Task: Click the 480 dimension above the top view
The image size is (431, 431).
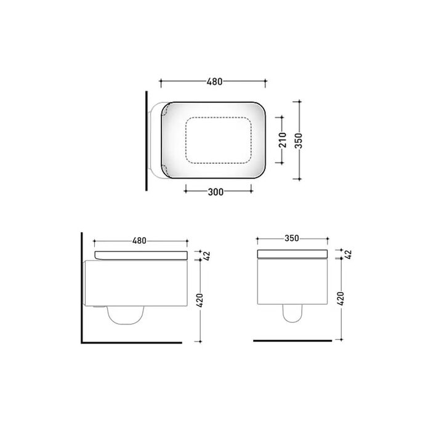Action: pos(214,82)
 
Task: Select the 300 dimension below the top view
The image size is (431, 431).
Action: pos(216,192)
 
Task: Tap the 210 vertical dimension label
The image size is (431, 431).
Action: pos(283,140)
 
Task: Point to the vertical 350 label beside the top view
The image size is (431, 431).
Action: pos(299,141)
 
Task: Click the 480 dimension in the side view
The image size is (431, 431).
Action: pos(139,241)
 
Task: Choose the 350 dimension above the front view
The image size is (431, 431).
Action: pos(292,238)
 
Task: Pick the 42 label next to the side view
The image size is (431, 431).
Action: pos(207,256)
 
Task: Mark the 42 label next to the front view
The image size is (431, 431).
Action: pos(348,254)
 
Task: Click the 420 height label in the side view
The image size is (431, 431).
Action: pos(200,300)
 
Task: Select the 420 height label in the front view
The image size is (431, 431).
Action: pos(340,299)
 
